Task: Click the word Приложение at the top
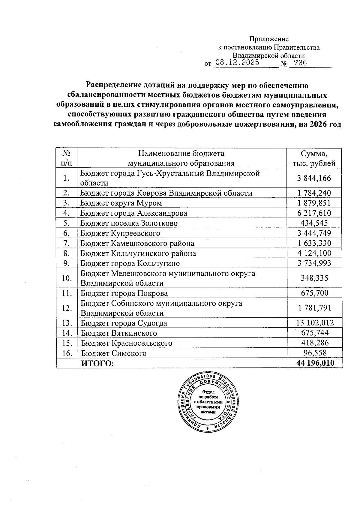pyautogui.click(x=269, y=39)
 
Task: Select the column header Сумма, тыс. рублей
pyautogui.click(x=314, y=158)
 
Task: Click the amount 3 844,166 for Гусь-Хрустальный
pyautogui.click(x=314, y=178)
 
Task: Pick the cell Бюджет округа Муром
pyautogui.click(x=121, y=203)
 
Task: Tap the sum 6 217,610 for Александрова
pyautogui.click(x=314, y=213)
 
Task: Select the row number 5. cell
pyautogui.click(x=67, y=223)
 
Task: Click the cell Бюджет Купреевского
pyautogui.click(x=120, y=233)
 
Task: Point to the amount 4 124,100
pyautogui.click(x=314, y=253)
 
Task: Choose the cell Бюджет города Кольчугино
pyautogui.click(x=130, y=263)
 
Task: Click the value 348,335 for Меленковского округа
pyautogui.click(x=314, y=278)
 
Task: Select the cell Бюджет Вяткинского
pyautogui.click(x=119, y=333)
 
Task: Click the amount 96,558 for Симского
pyautogui.click(x=314, y=353)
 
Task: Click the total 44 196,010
pyautogui.click(x=315, y=363)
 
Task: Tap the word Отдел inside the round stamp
pyautogui.click(x=208, y=392)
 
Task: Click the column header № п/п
pyautogui.click(x=67, y=158)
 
